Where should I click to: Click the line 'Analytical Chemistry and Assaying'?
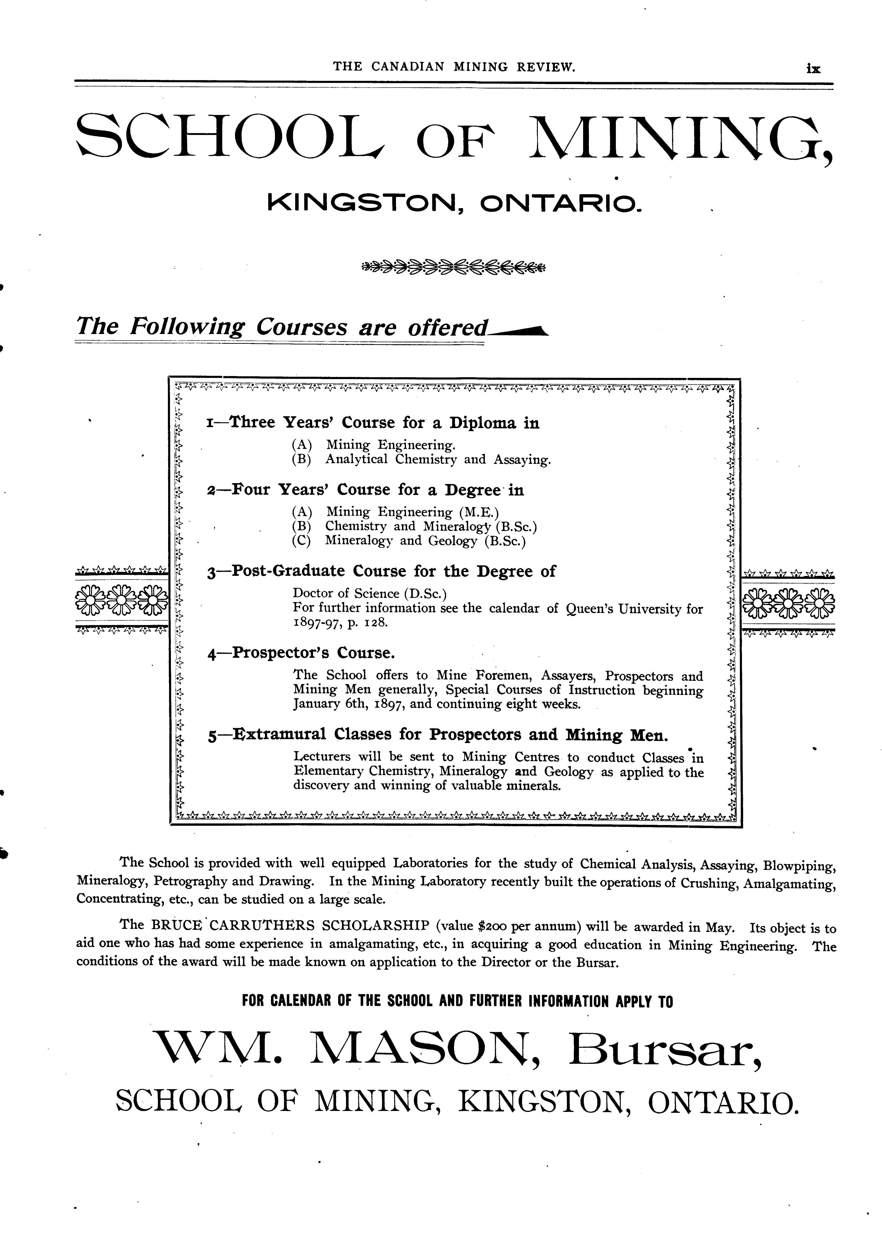tap(438, 459)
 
